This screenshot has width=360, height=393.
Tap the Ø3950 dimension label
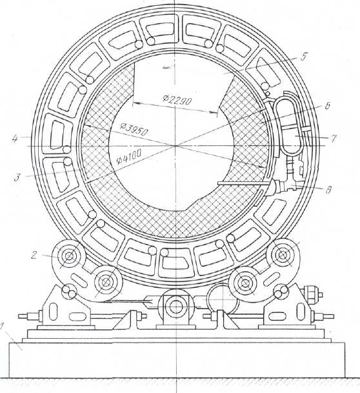tap(134, 128)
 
